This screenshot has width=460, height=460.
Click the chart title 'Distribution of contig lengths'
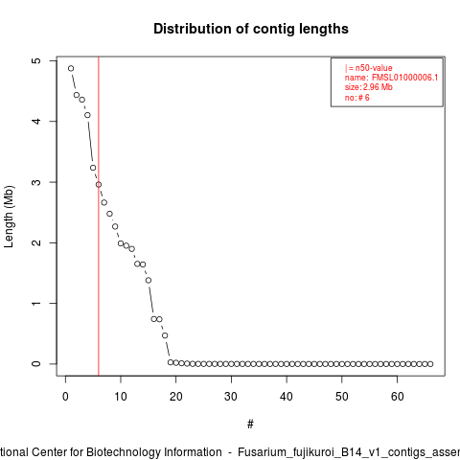(x=251, y=29)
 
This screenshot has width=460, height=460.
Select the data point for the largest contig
(x=71, y=68)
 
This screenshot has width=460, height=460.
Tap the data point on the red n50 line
(x=99, y=184)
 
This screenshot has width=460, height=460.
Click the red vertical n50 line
(x=99, y=217)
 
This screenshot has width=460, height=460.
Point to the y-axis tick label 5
(x=36, y=60)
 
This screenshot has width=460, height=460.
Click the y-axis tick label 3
(x=36, y=182)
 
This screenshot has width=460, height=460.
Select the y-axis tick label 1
(x=36, y=303)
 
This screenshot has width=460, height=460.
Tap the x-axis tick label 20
(x=175, y=397)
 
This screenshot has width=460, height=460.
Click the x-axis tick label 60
(x=397, y=397)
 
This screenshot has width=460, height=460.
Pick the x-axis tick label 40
(x=287, y=397)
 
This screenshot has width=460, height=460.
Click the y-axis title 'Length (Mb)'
(x=9, y=217)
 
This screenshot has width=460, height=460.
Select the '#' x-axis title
(x=250, y=425)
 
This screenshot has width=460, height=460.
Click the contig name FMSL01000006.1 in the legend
(x=404, y=78)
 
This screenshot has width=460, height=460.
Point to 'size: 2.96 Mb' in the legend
(x=368, y=87)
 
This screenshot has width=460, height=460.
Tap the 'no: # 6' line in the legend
(x=356, y=98)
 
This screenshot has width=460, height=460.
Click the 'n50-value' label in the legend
(x=374, y=68)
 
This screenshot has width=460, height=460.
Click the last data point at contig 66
(x=430, y=364)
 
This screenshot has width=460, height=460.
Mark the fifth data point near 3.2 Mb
(x=93, y=168)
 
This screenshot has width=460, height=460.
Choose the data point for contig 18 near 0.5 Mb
(x=165, y=335)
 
